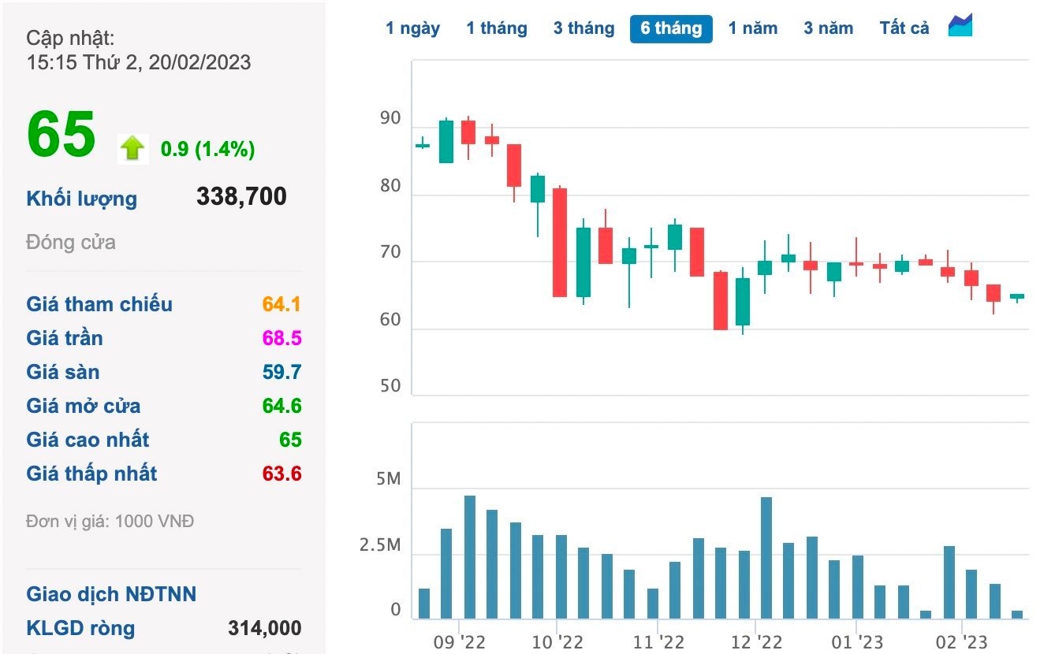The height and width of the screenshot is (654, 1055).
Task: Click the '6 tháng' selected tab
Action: (671, 28)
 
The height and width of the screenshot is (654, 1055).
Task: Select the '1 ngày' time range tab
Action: (412, 28)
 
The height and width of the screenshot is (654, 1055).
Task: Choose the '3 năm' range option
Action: (828, 28)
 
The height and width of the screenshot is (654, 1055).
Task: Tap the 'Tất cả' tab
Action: (904, 28)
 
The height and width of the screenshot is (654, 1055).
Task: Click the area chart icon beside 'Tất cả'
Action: (960, 25)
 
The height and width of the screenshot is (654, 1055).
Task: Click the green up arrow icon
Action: (132, 148)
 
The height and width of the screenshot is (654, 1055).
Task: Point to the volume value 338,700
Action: (241, 196)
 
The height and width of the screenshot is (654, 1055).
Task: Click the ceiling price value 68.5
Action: (281, 338)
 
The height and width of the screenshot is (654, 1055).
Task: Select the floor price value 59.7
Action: (281, 372)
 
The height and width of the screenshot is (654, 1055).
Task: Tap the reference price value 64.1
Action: (281, 304)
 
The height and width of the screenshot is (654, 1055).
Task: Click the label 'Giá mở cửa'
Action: (84, 406)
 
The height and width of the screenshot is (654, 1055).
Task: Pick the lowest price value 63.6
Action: (281, 474)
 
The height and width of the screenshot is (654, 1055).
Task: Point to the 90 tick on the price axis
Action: (390, 118)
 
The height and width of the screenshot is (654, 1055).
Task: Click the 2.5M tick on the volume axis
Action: (379, 544)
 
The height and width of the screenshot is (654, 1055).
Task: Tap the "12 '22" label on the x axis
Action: (756, 642)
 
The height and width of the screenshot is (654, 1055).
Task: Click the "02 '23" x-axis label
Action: (961, 642)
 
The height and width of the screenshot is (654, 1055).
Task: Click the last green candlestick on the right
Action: (1017, 296)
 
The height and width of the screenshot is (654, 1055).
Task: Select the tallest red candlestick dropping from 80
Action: (560, 242)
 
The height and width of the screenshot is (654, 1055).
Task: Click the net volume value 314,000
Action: (265, 628)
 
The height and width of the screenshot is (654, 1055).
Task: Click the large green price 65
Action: (62, 135)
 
